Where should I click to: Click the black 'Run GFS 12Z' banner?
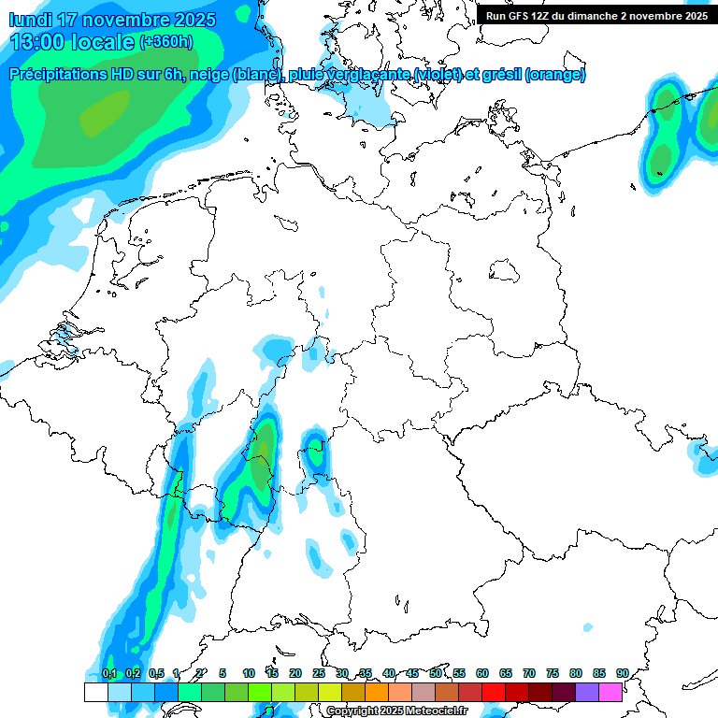point(596,15)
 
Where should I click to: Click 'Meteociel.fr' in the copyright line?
point(438,711)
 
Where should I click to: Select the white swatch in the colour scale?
point(95,692)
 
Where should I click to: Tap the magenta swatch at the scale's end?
point(610,692)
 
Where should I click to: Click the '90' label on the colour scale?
point(622,673)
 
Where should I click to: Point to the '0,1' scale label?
point(108,673)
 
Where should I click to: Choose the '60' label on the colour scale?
point(482,673)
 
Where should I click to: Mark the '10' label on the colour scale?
point(249,673)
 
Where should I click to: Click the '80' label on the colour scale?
point(576,673)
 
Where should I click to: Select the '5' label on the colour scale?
point(223,673)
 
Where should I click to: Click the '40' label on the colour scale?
point(389,673)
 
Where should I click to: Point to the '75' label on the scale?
point(553,673)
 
